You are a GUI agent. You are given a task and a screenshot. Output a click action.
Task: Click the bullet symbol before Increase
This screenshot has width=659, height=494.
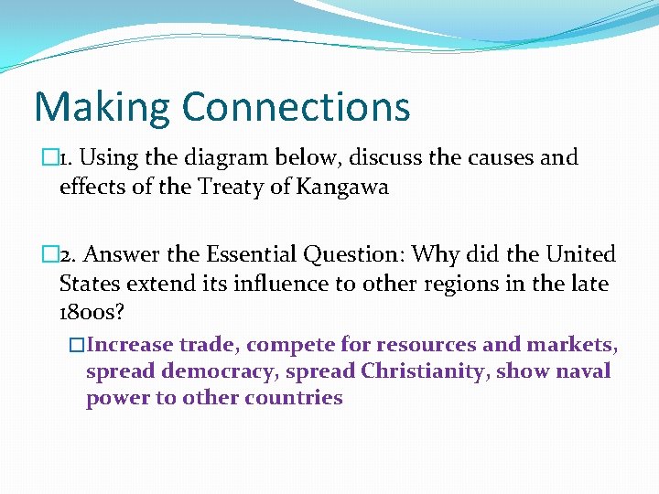(77, 345)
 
